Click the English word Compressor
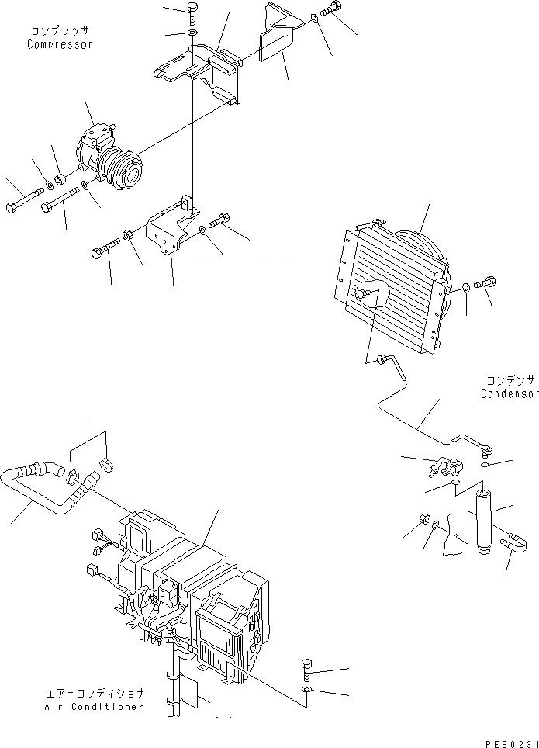point(59,44)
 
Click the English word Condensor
point(509,393)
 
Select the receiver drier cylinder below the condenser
point(485,521)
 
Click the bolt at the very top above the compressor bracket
point(192,13)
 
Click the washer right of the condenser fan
point(465,288)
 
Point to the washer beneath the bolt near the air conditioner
point(307,690)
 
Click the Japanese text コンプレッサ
point(60,31)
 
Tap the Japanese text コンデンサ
point(510,380)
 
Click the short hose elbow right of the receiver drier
point(511,542)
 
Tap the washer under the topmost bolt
point(192,33)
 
